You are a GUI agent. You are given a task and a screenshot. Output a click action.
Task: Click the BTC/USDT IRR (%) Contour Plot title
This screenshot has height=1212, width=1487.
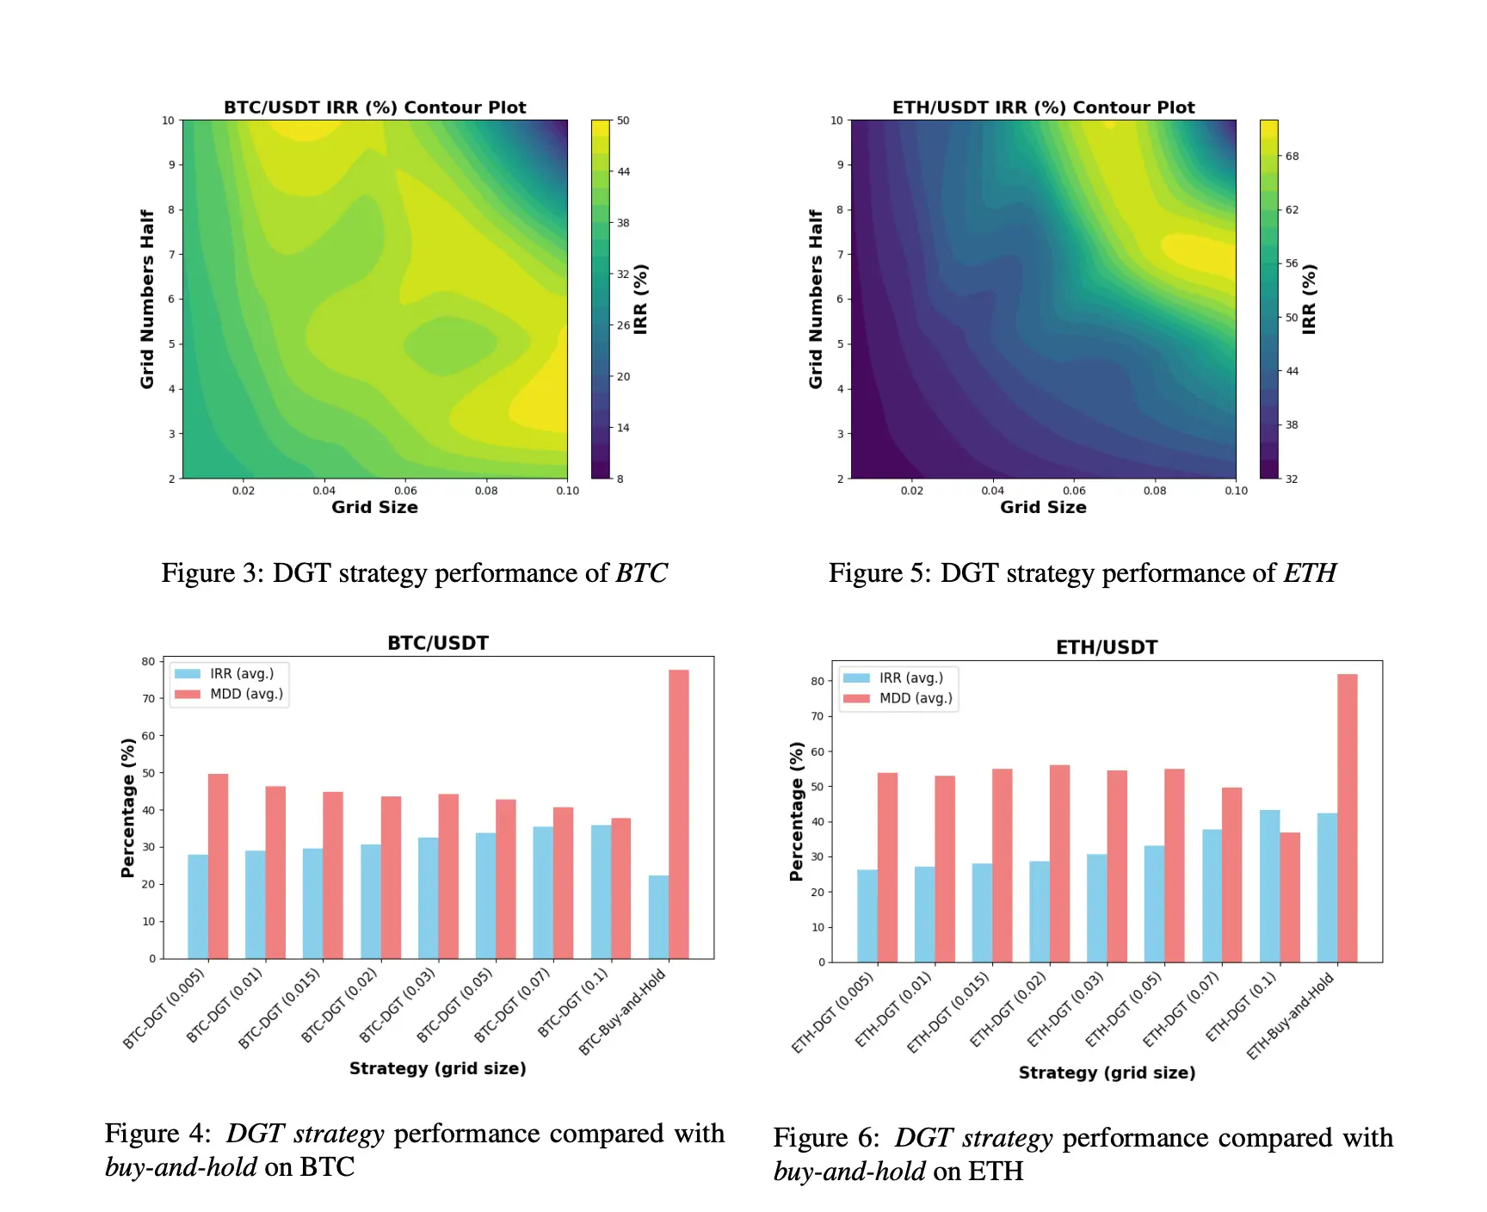click(374, 108)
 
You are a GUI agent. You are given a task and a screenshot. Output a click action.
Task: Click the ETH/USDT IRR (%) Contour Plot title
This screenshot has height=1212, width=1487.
click(1043, 108)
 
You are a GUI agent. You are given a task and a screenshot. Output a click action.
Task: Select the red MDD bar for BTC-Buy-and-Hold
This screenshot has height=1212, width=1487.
click(679, 813)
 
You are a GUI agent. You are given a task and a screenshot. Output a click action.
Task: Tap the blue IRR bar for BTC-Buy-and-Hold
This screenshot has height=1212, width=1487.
click(658, 917)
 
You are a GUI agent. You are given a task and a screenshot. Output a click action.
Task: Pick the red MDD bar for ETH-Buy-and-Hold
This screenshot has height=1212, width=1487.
click(1348, 818)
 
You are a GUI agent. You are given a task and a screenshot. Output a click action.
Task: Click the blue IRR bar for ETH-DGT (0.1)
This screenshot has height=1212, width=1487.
click(1269, 886)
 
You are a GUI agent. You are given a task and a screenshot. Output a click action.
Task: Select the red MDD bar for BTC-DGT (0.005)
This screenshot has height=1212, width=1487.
click(219, 866)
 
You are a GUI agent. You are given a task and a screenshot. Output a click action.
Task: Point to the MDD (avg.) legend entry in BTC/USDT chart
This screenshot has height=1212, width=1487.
click(246, 694)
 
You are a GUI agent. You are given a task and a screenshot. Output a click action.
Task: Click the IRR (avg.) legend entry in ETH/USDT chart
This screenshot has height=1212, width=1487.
click(910, 678)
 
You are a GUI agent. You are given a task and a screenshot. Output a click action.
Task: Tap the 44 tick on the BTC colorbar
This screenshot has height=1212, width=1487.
click(624, 172)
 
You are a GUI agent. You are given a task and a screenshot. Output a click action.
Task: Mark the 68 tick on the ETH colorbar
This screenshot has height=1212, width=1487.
click(1293, 156)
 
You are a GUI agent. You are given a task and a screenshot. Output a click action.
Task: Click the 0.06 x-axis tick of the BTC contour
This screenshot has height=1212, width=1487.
click(405, 491)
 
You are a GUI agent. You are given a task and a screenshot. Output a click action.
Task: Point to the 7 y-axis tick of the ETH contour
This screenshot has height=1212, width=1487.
click(841, 254)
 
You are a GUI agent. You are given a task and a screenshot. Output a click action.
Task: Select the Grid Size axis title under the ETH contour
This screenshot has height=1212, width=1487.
click(1043, 508)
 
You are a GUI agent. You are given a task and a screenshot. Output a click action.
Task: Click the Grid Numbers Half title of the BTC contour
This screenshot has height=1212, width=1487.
click(147, 299)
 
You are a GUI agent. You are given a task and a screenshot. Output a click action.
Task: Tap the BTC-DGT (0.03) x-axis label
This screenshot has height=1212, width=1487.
click(398, 1005)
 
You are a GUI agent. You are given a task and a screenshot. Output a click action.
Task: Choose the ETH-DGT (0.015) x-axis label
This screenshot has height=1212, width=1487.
click(949, 1011)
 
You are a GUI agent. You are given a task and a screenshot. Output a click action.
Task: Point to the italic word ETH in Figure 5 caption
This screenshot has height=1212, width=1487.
click(1310, 573)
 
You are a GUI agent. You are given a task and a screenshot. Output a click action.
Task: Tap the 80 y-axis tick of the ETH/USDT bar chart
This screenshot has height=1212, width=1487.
click(818, 681)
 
